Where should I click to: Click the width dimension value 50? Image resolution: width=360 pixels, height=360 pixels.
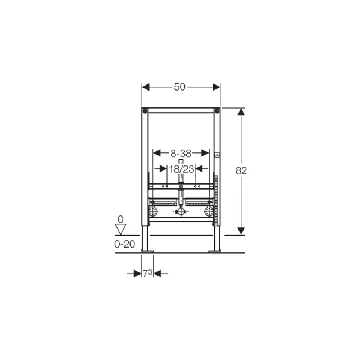pyautogui.click(x=180, y=87)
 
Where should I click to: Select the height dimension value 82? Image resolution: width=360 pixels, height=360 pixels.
pyautogui.click(x=242, y=170)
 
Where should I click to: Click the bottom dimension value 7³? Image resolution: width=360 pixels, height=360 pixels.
pyautogui.click(x=147, y=273)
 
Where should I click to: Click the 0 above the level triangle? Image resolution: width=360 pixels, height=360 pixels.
pyautogui.click(x=120, y=219)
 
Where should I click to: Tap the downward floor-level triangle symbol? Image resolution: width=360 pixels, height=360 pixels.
pyautogui.click(x=120, y=229)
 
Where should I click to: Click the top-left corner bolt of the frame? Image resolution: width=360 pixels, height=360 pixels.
pyautogui.click(x=145, y=110)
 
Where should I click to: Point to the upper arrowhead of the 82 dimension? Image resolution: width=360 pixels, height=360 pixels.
pyautogui.click(x=242, y=112)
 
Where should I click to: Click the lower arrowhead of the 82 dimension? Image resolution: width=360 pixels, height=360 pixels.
pyautogui.click(x=242, y=231)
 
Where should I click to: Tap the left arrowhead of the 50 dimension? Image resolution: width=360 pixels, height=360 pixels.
pyautogui.click(x=145, y=87)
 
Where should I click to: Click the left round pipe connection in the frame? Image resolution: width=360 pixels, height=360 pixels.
pyautogui.click(x=153, y=212)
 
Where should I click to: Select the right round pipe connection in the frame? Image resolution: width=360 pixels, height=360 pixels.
pyautogui.click(x=209, y=212)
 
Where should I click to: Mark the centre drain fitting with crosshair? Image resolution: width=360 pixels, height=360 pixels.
pyautogui.click(x=181, y=212)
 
